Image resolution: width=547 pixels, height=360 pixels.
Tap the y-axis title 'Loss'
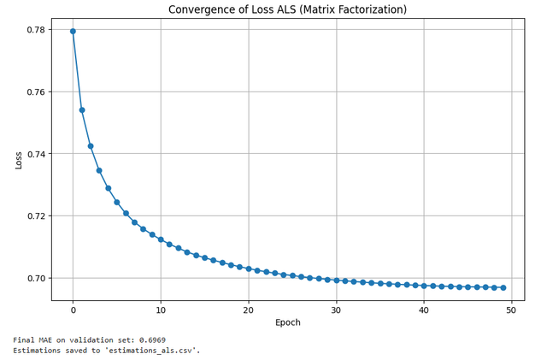pos(19,160)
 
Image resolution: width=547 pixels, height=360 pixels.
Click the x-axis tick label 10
pos(161,309)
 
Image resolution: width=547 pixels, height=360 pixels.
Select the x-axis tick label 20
pos(249,309)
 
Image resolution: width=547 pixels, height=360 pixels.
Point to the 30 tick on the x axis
pos(337,309)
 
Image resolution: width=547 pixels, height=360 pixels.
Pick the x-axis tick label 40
pos(424,309)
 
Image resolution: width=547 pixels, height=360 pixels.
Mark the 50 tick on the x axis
pos(512,309)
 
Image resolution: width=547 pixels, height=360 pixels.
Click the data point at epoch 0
pos(73,31)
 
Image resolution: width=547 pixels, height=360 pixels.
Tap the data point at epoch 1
pos(82,109)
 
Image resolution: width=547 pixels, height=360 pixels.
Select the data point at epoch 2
pos(91,146)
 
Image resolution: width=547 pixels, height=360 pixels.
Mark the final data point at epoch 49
pos(503,287)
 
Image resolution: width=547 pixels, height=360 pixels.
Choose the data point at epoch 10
pos(161,239)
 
